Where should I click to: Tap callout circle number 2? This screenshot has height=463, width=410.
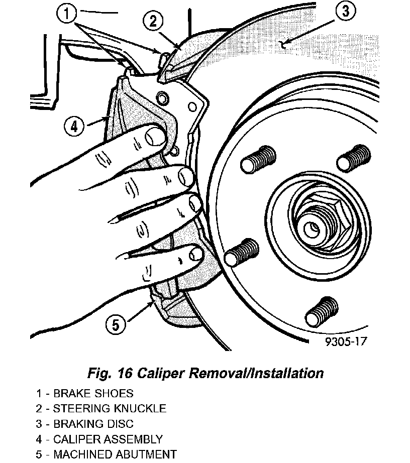tap(154, 21)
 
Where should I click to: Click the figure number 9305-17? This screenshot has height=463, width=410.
tap(346, 342)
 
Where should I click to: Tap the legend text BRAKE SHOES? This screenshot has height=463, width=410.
tap(93, 393)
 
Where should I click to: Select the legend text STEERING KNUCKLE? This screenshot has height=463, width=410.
tap(110, 408)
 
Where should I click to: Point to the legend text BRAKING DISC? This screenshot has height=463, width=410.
tap(93, 424)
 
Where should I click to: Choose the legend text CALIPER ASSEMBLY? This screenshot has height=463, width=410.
tap(108, 439)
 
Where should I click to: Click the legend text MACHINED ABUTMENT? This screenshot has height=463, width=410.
tap(115, 455)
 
